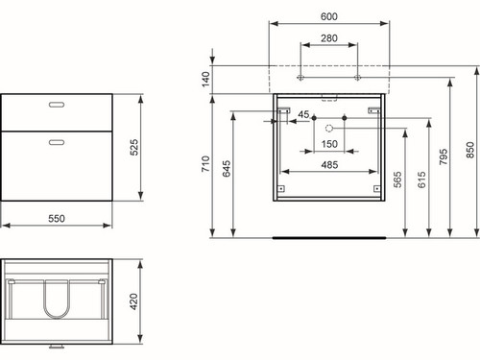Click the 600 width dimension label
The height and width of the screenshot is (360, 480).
pyautogui.click(x=329, y=16)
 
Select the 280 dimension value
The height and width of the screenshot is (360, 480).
pyautogui.click(x=329, y=38)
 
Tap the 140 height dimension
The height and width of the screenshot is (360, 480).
pyautogui.click(x=205, y=79)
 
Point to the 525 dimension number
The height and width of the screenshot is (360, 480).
pyautogui.click(x=134, y=147)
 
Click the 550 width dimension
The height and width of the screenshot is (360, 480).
pyautogui.click(x=57, y=219)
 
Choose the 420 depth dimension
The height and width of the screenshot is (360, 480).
pyautogui.click(x=133, y=301)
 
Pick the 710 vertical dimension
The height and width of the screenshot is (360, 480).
pyautogui.click(x=205, y=164)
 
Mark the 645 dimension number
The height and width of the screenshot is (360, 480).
pyautogui.click(x=227, y=169)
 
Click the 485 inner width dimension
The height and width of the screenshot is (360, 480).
pyautogui.click(x=329, y=165)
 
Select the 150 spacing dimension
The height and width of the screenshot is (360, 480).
pyautogui.click(x=329, y=144)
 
